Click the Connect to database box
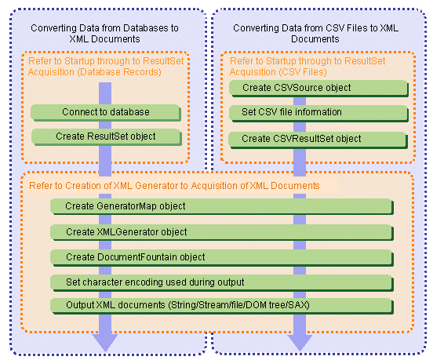click(106, 113)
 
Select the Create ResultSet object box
click(106, 137)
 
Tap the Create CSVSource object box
click(318, 89)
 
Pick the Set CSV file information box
click(318, 113)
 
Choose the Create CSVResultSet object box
click(318, 140)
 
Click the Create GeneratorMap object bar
click(222, 206)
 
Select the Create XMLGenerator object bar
click(222, 233)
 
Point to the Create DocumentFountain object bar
click(222, 258)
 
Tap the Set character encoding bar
click(222, 282)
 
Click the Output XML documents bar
click(222, 306)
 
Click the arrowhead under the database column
click(105, 342)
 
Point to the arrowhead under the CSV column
click(300, 343)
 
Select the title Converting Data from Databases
click(105, 34)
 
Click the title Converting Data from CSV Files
click(315, 34)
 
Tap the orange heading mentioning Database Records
click(106, 67)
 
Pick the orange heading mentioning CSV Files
click(308, 67)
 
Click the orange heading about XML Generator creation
click(174, 186)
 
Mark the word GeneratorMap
click(126, 206)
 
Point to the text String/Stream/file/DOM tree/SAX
click(239, 305)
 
